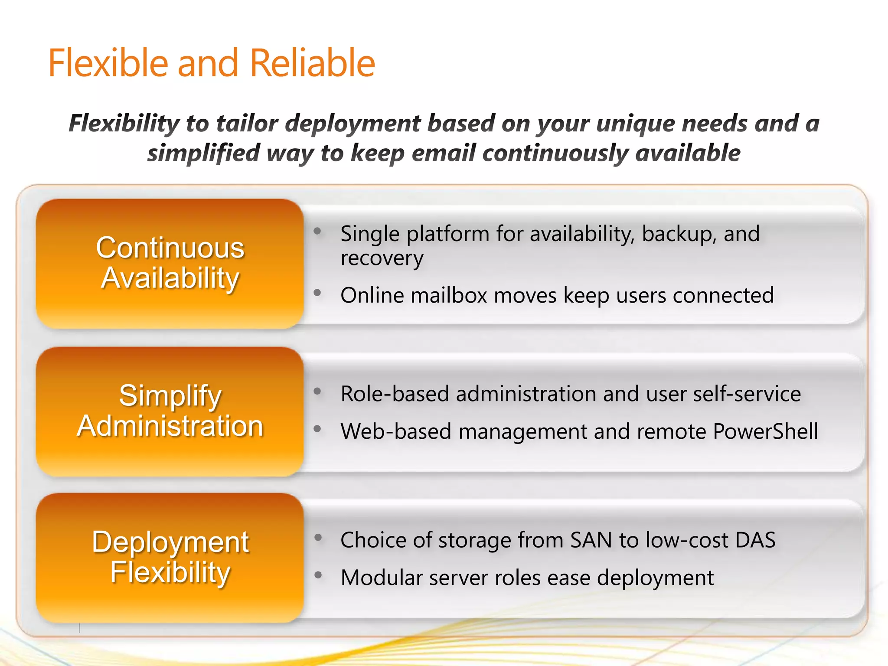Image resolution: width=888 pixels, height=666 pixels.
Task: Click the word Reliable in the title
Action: pyautogui.click(x=312, y=63)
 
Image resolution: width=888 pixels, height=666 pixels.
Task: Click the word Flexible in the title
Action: pyautogui.click(x=108, y=63)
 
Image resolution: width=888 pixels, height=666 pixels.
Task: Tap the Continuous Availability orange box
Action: pyautogui.click(x=170, y=263)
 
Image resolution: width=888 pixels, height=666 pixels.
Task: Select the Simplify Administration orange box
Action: pyautogui.click(x=170, y=411)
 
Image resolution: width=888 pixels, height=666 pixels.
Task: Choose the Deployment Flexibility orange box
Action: pyautogui.click(x=170, y=558)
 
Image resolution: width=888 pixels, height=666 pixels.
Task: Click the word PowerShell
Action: pyautogui.click(x=765, y=432)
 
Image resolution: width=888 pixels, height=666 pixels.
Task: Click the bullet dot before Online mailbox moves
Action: pyautogui.click(x=317, y=293)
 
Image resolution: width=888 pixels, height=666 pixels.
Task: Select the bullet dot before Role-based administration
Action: pyautogui.click(x=317, y=392)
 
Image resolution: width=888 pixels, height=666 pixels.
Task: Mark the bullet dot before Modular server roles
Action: pyautogui.click(x=318, y=575)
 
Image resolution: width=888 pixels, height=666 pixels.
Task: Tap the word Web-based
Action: pyautogui.click(x=396, y=432)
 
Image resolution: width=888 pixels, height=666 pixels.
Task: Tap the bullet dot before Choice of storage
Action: pyautogui.click(x=318, y=538)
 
